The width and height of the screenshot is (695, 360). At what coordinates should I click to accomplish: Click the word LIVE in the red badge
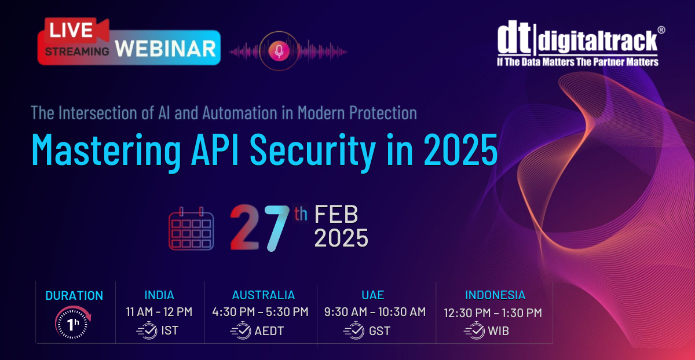71,30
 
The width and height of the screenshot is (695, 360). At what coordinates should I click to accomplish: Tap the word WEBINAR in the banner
166,49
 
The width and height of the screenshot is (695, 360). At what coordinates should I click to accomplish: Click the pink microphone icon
279,51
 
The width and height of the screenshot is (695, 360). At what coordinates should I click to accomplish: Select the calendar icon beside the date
191,229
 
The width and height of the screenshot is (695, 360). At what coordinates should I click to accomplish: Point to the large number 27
260,227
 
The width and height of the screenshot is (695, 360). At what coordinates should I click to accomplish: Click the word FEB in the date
336,214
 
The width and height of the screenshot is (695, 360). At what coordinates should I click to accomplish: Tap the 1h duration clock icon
73,322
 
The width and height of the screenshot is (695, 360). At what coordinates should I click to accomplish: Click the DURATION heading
74,296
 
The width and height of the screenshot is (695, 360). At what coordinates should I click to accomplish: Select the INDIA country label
159,295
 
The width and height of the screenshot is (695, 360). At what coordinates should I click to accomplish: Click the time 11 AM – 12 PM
159,311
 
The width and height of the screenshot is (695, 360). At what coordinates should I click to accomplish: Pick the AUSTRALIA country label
264,295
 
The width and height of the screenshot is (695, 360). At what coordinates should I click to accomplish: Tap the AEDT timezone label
269,331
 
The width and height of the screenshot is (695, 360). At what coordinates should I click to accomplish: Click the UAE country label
372,295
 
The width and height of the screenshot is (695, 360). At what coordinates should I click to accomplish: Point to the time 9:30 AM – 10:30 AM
375,311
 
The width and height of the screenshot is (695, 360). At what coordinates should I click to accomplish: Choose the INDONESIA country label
495,295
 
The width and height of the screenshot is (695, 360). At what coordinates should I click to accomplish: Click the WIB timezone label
498,331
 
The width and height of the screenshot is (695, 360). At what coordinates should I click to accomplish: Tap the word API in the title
215,150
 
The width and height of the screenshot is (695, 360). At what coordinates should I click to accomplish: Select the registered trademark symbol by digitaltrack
661,30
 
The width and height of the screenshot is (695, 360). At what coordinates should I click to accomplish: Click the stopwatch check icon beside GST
354,330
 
